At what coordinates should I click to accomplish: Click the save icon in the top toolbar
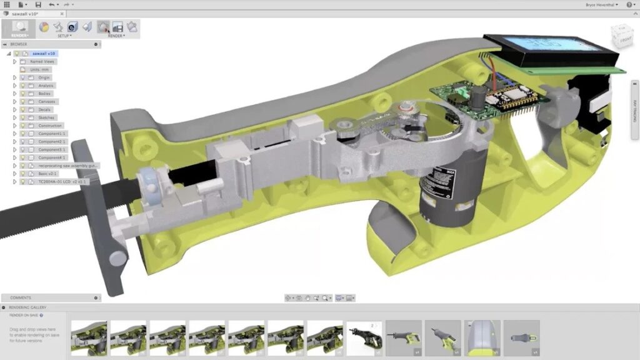coord(38,4)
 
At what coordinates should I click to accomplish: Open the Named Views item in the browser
coord(42,61)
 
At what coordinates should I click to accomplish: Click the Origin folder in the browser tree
coord(44,77)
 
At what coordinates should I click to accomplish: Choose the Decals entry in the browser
coord(44,109)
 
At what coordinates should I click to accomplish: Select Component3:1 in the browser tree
coord(51,149)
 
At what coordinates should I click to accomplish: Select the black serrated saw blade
coord(37,216)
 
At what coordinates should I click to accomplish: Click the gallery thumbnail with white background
coord(364,338)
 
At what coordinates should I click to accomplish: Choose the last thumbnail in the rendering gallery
coord(521,338)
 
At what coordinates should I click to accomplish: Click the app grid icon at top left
coord(7,4)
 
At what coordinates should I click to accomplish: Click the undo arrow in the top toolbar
coord(52,4)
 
